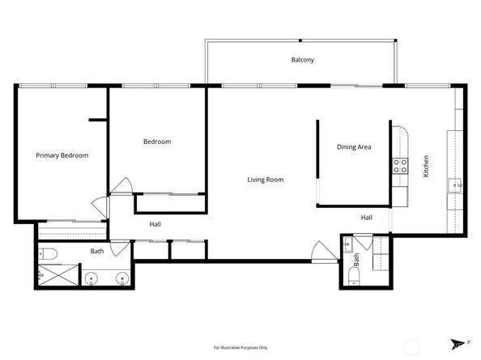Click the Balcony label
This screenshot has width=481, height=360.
click(x=302, y=60)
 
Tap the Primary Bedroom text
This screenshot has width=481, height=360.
click(x=62, y=155)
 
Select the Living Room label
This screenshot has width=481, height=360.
click(x=265, y=180)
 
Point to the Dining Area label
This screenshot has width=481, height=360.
click(x=354, y=147)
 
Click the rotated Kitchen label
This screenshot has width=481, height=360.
click(x=426, y=166)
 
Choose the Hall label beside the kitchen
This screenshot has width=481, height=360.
click(x=366, y=218)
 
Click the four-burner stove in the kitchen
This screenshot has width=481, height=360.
click(x=399, y=166)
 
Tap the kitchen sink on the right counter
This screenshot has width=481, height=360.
click(x=455, y=186)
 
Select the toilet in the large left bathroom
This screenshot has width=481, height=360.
click(x=48, y=255)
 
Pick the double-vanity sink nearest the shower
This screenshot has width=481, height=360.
click(x=92, y=280)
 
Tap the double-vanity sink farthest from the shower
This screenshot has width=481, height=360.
click(x=121, y=280)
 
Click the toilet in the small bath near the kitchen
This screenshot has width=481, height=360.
click(x=354, y=277)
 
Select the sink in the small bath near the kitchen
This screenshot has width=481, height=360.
click(x=347, y=243)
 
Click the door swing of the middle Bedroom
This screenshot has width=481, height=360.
click(x=121, y=186)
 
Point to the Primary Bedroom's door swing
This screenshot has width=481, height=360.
click(x=100, y=207)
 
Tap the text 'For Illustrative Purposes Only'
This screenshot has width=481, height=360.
click(x=240, y=347)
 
